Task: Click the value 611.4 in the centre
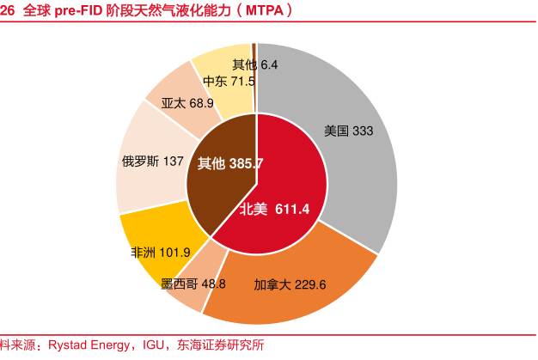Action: (x=292, y=208)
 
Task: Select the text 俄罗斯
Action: (x=139, y=161)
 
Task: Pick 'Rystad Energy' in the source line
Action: (x=92, y=345)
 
